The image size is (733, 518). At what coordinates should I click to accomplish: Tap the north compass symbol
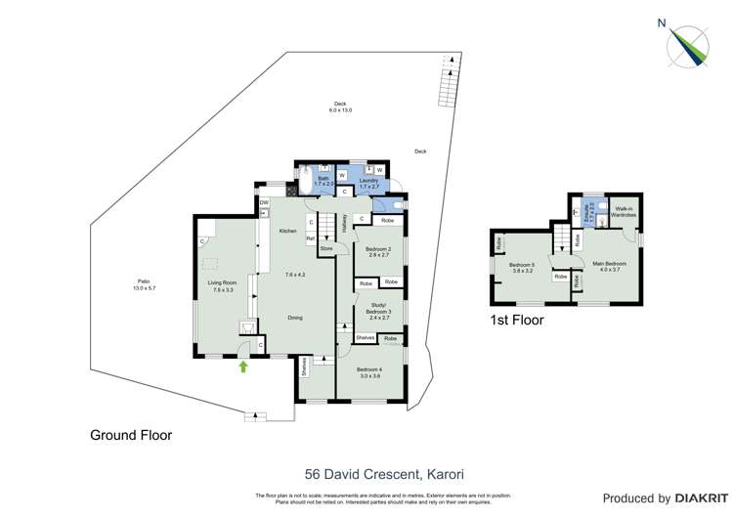pyautogui.click(x=688, y=43)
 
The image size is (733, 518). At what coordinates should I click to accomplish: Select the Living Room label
pyautogui.click(x=222, y=286)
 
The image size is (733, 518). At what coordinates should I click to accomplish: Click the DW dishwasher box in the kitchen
pyautogui.click(x=264, y=203)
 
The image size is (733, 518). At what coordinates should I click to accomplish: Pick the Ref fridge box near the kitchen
pyautogui.click(x=311, y=238)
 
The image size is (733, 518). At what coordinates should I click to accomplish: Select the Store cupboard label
pyautogui.click(x=326, y=249)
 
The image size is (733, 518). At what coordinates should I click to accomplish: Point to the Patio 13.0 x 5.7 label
pyautogui.click(x=144, y=285)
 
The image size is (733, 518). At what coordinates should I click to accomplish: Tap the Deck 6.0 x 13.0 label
pyautogui.click(x=340, y=108)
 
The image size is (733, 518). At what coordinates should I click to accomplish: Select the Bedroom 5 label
pyautogui.click(x=521, y=268)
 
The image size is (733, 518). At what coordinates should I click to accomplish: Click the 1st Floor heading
pyautogui.click(x=517, y=320)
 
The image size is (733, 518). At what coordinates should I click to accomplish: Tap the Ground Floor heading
pyautogui.click(x=131, y=435)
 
